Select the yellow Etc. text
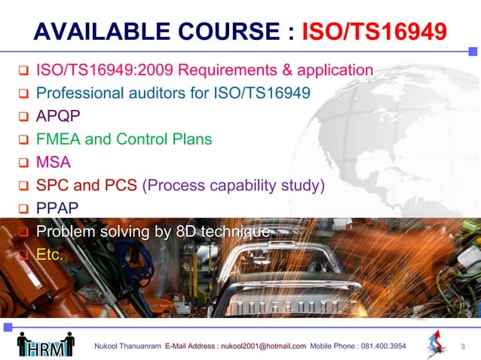point(51,255)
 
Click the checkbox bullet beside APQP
point(23,118)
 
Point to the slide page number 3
point(463,346)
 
